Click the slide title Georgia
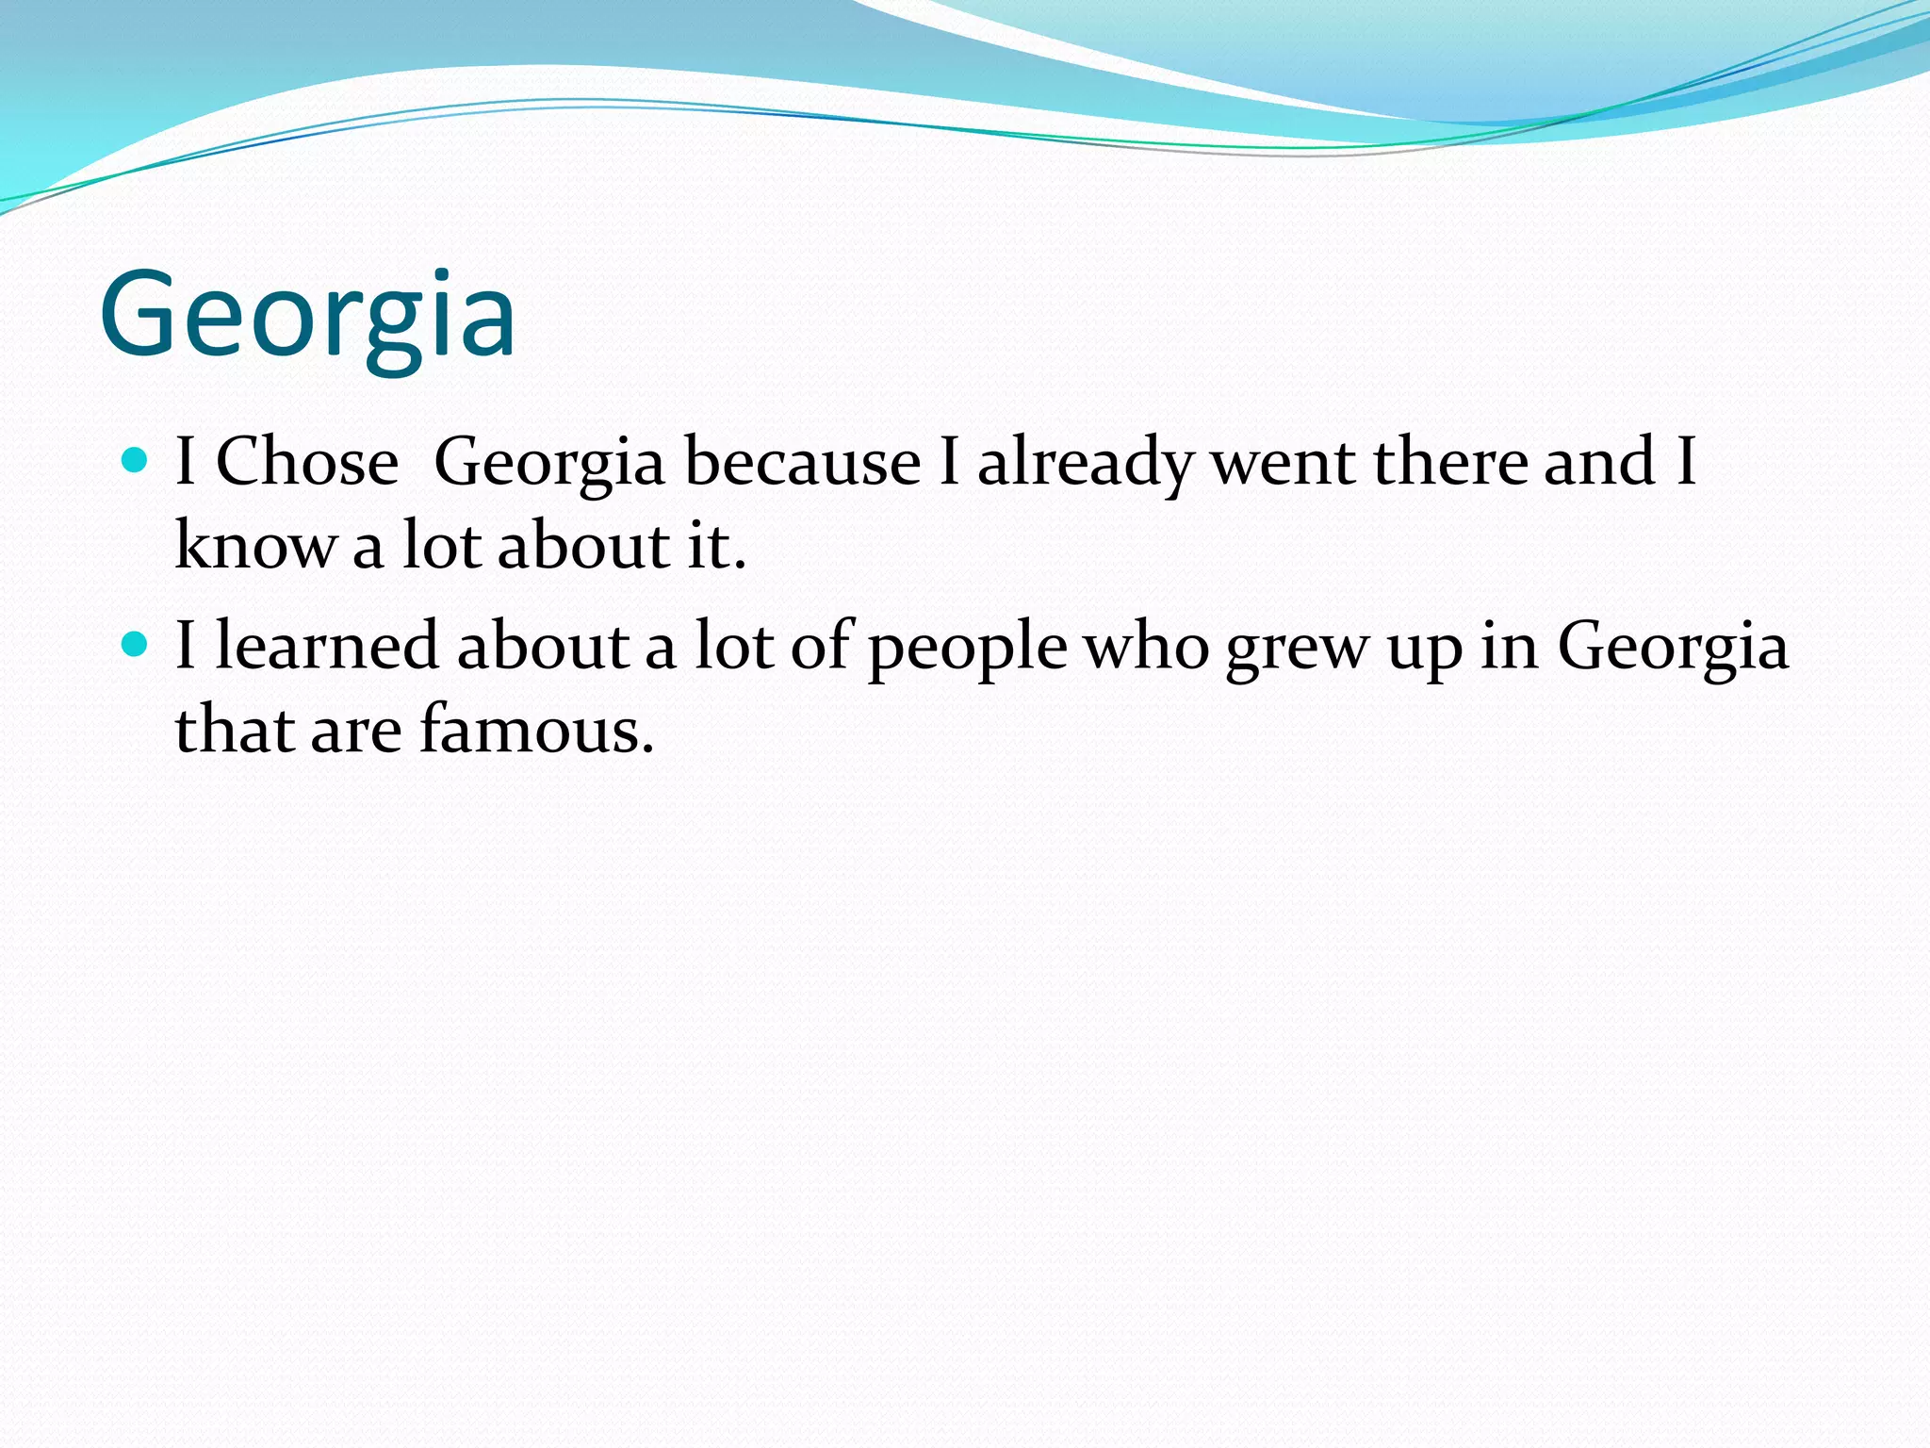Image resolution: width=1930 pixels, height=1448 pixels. [x=307, y=315]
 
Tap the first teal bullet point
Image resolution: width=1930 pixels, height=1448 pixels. [x=136, y=460]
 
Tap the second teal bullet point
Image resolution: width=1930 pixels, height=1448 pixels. [x=136, y=644]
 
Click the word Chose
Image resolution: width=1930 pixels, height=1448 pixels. [x=307, y=462]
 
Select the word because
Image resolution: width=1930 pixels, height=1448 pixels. [x=802, y=462]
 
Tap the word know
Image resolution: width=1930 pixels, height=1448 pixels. [x=254, y=545]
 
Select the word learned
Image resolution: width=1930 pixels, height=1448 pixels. [x=328, y=646]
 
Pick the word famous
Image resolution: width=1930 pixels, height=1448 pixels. [x=535, y=730]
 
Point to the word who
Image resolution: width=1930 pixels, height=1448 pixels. [x=1146, y=647]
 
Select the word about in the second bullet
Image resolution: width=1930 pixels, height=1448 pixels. [x=543, y=646]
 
